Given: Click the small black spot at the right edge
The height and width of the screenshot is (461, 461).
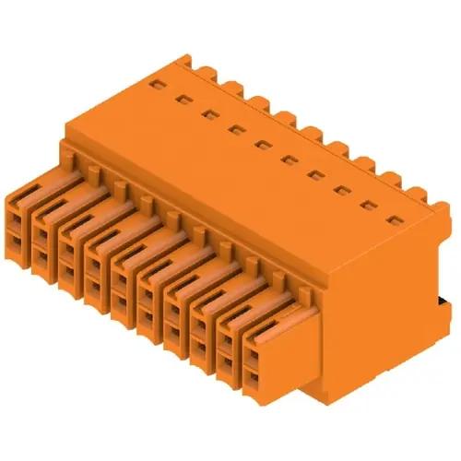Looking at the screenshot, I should click(446, 305).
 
